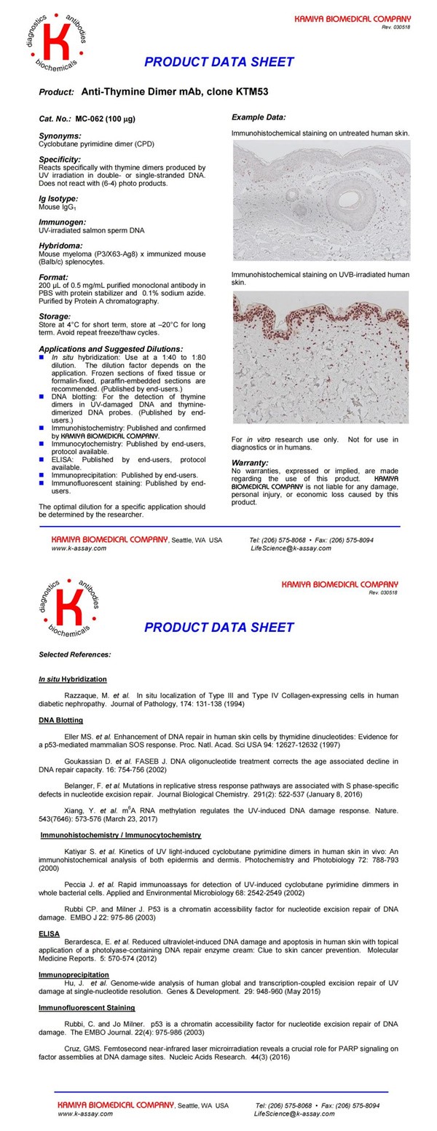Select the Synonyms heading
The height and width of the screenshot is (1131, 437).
click(60, 136)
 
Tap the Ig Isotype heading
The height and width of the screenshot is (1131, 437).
click(58, 198)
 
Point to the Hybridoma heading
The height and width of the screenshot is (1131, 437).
click(60, 246)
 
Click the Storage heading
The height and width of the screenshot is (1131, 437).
click(55, 316)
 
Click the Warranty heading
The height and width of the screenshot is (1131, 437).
click(250, 462)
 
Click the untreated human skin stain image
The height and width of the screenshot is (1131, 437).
click(321, 200)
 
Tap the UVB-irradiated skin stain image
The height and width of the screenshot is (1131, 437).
click(321, 357)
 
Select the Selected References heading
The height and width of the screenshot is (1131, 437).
click(75, 654)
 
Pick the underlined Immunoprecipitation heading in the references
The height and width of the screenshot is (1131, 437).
click(74, 974)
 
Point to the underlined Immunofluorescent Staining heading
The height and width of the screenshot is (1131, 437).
click(87, 1008)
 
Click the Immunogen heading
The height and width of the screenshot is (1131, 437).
click(62, 222)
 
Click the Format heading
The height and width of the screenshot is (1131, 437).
click(53, 277)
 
